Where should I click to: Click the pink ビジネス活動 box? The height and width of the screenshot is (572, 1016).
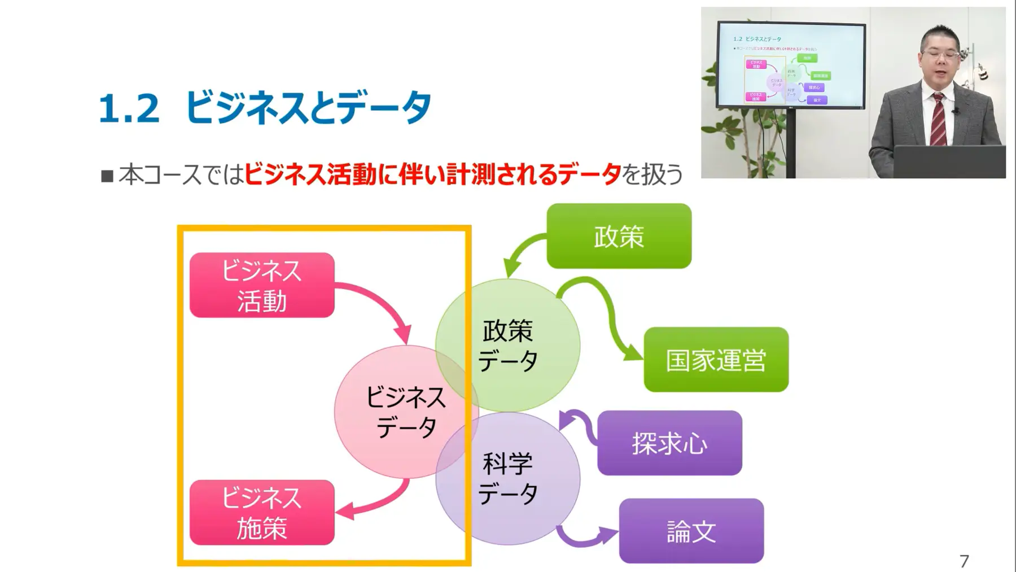click(262, 285)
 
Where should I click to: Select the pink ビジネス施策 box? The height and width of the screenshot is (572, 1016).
click(262, 513)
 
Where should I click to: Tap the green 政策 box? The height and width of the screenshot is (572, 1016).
click(619, 236)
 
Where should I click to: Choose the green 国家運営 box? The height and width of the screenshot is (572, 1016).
click(716, 360)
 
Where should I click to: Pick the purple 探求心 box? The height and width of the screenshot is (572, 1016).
click(669, 443)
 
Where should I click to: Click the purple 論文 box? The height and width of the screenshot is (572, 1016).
click(691, 531)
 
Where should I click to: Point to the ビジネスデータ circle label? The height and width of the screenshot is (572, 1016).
click(406, 412)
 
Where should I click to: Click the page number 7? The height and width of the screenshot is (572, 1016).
click(964, 561)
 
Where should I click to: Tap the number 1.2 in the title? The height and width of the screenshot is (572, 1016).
click(129, 108)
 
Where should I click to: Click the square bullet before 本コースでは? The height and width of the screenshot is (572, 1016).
click(107, 176)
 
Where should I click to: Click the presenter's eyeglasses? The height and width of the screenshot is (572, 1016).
click(940, 55)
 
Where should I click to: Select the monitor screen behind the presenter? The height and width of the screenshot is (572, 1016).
click(791, 66)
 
